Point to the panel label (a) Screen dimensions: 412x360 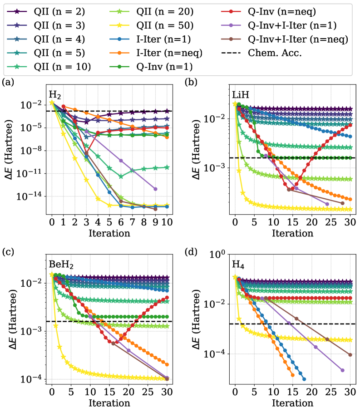click(x=8, y=82)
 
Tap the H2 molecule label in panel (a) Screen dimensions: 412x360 click(x=55, y=95)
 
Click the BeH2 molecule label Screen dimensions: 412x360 click(x=61, y=265)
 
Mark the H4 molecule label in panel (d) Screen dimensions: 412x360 click(x=239, y=264)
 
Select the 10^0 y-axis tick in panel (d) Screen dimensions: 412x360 click(x=218, y=255)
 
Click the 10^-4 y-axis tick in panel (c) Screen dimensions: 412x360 click(x=33, y=379)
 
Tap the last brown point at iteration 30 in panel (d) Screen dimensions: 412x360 click(x=350, y=355)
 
